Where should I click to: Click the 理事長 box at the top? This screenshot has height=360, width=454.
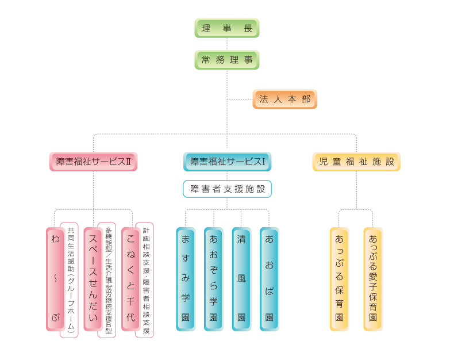click(x=227, y=28)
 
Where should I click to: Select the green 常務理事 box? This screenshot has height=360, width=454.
click(x=227, y=60)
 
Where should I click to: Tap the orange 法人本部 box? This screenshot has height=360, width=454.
click(x=284, y=99)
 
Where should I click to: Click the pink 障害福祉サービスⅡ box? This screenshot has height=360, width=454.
click(x=93, y=162)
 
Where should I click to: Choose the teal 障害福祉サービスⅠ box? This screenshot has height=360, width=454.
click(x=227, y=162)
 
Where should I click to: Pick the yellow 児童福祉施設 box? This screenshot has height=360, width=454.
click(x=356, y=162)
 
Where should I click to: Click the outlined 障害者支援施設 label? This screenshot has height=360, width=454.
click(x=227, y=189)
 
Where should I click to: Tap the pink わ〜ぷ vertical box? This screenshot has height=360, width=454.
click(x=55, y=279)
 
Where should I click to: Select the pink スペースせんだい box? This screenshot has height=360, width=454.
click(x=93, y=279)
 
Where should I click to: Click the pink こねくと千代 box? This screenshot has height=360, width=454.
click(x=130, y=279)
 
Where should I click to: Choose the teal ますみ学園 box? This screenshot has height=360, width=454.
click(x=185, y=279)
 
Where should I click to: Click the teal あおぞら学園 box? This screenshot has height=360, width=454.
click(x=213, y=279)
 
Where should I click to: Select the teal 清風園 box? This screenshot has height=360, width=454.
click(x=241, y=279)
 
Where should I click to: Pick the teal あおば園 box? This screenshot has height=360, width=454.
click(x=269, y=279)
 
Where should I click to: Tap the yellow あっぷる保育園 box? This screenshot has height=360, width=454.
click(x=339, y=279)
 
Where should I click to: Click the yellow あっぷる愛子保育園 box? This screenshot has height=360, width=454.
click(x=373, y=279)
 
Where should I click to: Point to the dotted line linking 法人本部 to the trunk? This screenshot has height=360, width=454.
click(x=240, y=99)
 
